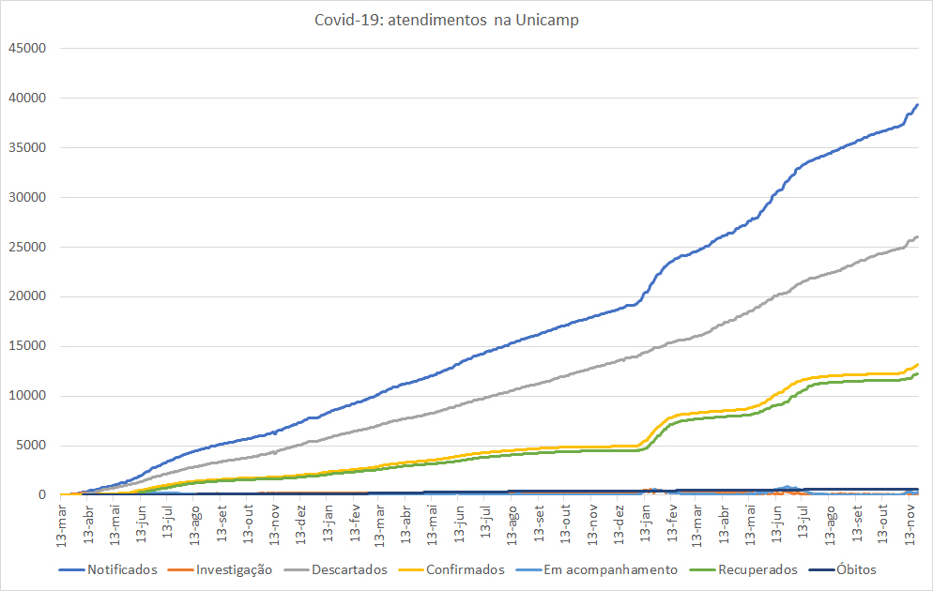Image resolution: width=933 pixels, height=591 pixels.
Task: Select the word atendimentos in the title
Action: [x=437, y=20]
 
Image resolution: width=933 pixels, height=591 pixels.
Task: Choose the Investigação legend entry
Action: [x=233, y=569]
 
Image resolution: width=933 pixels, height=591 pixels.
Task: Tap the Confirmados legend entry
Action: [x=465, y=569]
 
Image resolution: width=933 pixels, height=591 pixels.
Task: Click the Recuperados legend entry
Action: [x=757, y=569]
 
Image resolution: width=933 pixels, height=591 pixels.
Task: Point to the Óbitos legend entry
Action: [x=856, y=569]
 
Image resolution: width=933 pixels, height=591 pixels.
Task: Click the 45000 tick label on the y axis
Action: [x=26, y=48]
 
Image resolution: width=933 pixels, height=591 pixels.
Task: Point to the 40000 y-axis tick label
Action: [x=26, y=98]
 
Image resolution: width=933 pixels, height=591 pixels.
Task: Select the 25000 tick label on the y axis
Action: [x=26, y=247]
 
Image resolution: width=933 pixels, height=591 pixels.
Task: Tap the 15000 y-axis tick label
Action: [x=26, y=346]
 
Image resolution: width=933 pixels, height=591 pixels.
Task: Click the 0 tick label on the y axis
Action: [x=42, y=495]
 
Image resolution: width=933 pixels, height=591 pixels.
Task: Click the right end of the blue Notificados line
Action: [x=917, y=104]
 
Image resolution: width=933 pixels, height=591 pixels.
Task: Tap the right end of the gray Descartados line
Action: [x=917, y=236]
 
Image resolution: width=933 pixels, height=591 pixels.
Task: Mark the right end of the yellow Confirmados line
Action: [x=917, y=364]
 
